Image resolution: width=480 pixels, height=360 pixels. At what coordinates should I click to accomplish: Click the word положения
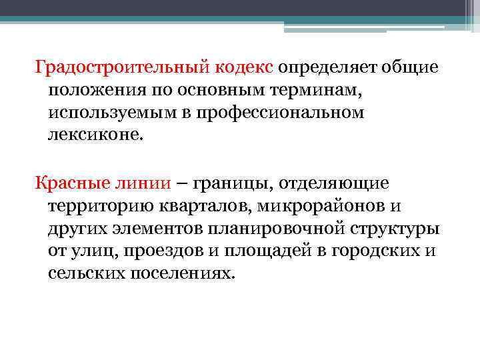coord(96,91)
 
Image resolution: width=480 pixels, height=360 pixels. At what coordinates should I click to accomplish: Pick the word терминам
coord(312,91)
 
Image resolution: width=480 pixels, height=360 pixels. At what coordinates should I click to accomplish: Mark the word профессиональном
coord(293,113)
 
